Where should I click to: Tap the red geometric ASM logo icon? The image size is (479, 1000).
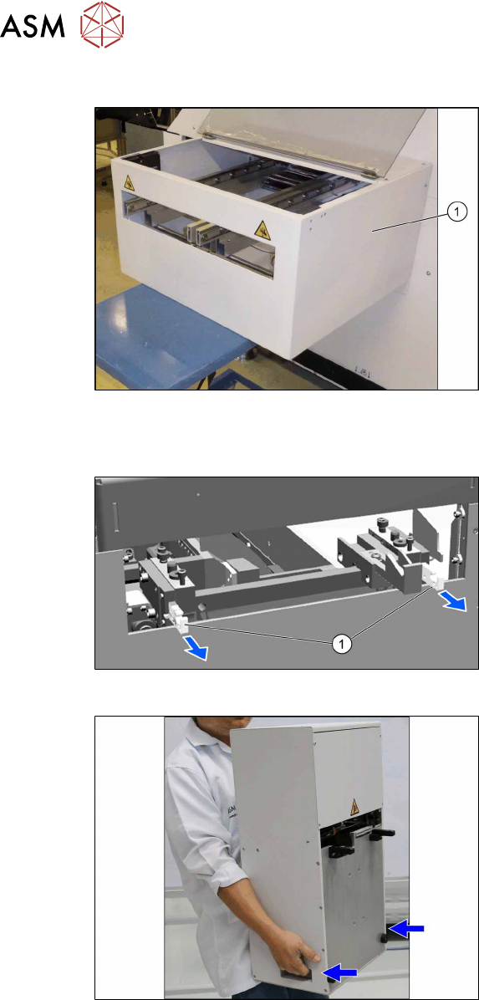[x=102, y=26]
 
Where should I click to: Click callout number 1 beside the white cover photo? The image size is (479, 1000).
[x=458, y=212]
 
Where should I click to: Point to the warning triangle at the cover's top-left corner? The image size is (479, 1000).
[x=128, y=184]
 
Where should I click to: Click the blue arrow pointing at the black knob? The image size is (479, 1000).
[x=405, y=930]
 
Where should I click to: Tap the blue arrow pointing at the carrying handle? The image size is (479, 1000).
[x=340, y=972]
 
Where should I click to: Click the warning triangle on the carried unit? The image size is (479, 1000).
[x=349, y=805]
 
